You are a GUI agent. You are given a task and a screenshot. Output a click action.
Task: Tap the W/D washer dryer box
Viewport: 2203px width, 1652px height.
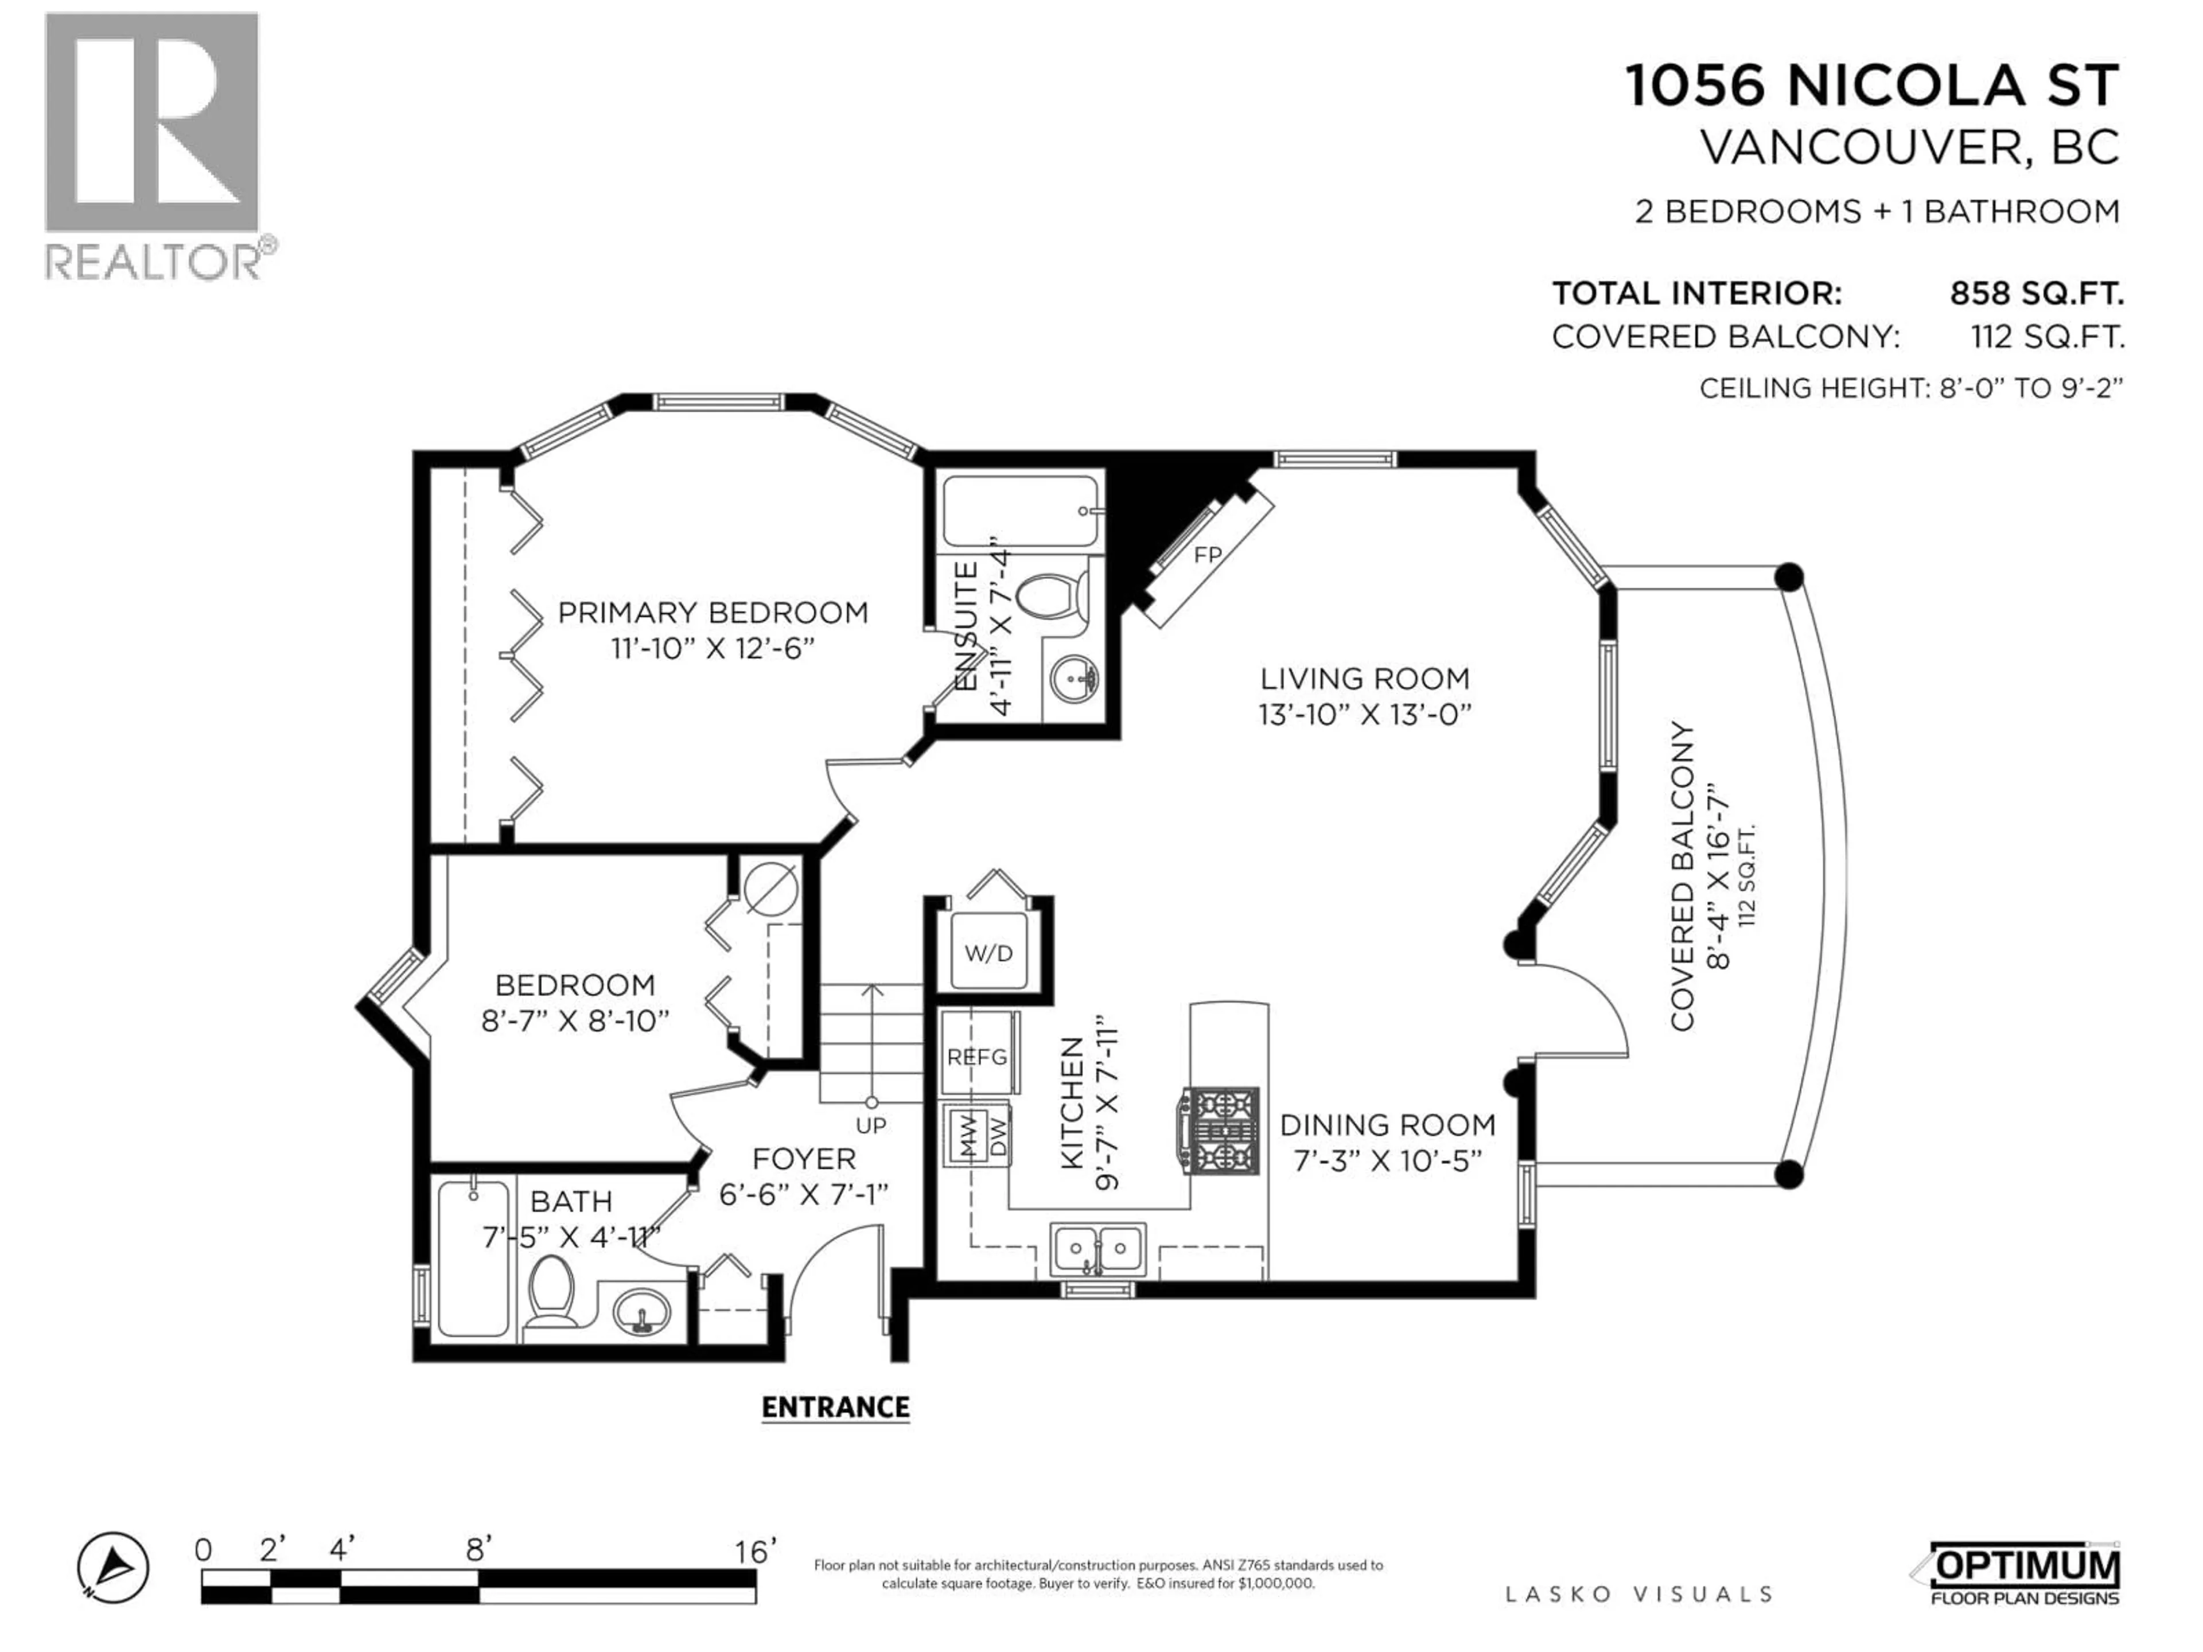[988, 953]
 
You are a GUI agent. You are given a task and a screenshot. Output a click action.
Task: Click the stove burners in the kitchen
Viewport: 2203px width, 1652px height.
[1220, 1130]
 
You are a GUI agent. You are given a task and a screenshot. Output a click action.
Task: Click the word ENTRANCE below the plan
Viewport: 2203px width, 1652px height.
[835, 1407]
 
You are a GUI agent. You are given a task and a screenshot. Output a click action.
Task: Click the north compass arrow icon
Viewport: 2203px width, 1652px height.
[114, 1567]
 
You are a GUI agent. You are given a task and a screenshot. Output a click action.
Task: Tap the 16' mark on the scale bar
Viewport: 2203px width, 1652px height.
[754, 1552]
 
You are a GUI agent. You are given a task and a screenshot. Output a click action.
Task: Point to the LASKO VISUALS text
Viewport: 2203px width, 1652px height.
[1638, 1594]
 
